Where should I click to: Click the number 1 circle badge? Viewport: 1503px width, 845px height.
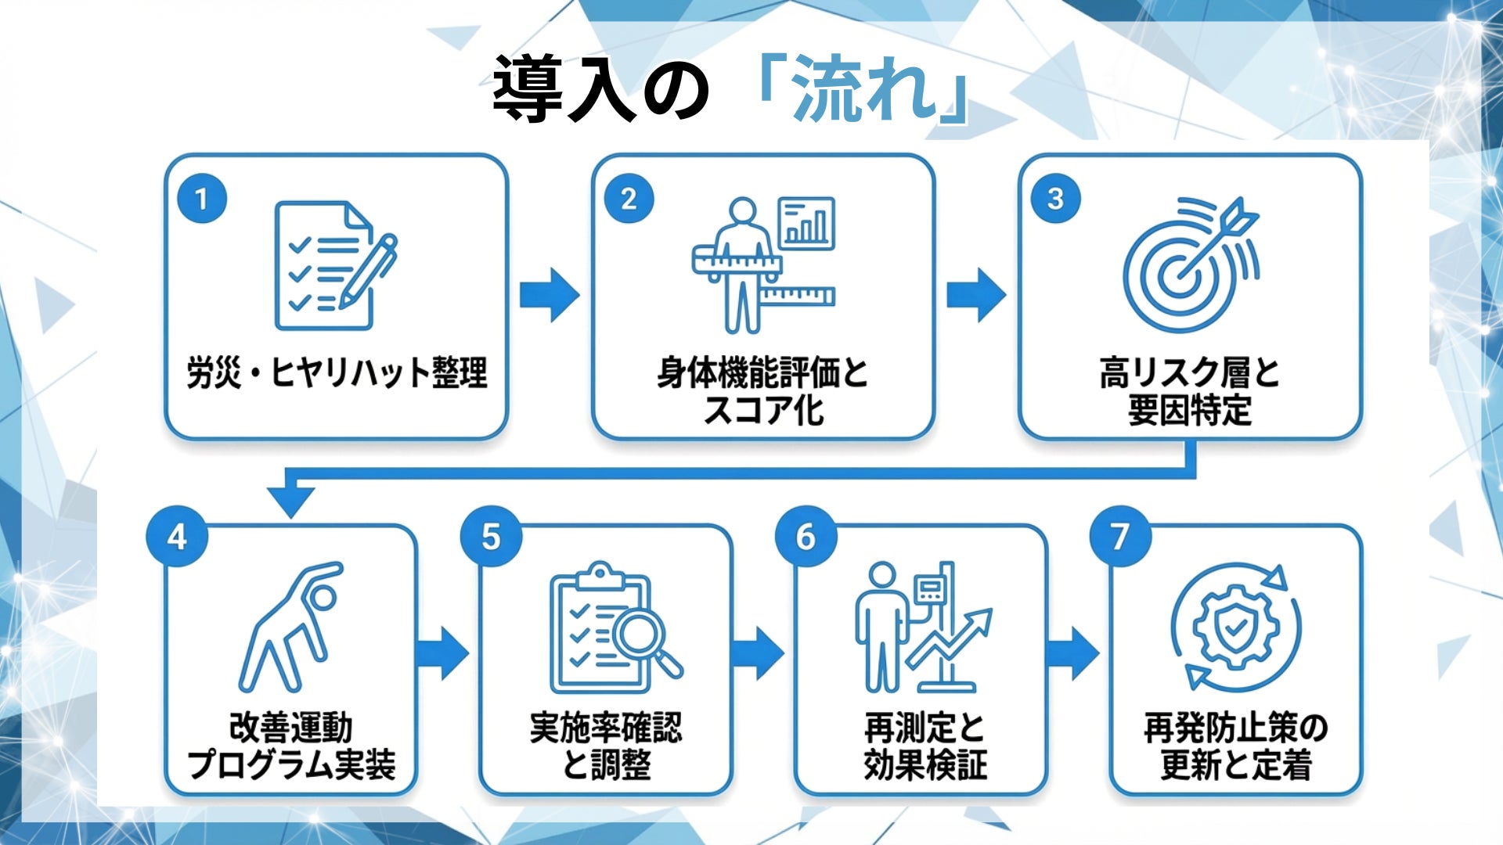click(202, 199)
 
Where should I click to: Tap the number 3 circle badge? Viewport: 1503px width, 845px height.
click(1055, 199)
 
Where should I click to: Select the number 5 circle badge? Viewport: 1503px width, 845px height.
click(491, 537)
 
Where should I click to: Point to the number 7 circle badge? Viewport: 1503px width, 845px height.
click(1120, 537)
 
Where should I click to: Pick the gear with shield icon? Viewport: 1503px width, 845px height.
click(1236, 626)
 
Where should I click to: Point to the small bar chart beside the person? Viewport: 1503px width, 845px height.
click(806, 223)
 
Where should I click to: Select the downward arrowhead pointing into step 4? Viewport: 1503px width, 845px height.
click(290, 499)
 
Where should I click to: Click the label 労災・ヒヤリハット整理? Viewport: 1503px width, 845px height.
click(337, 372)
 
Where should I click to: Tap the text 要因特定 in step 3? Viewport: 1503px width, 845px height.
click(1190, 410)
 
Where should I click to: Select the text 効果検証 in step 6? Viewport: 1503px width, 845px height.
click(925, 764)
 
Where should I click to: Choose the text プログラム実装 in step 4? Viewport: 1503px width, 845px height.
click(291, 764)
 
